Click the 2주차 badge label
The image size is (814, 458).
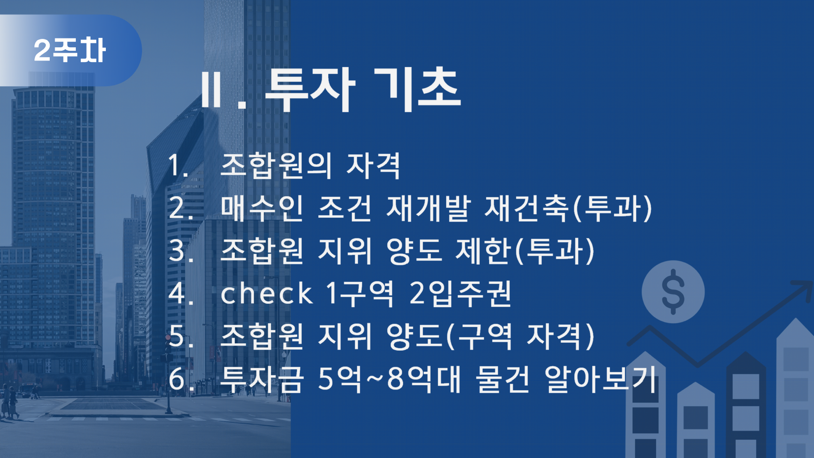coord(70,50)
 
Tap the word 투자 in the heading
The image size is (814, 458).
coord(310,90)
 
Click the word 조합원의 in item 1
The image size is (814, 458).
coord(276,166)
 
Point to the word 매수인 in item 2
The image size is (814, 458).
coord(262,208)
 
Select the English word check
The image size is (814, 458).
coord(266,293)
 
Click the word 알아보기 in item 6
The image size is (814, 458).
coord(601,379)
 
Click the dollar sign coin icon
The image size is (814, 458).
coord(673,292)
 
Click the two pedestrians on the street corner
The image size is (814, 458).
coord(9,402)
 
